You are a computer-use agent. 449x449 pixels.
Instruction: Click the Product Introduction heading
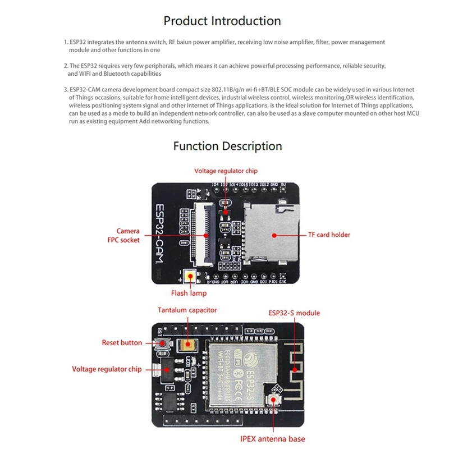click(x=222, y=21)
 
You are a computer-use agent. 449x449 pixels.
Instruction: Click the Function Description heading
click(x=227, y=146)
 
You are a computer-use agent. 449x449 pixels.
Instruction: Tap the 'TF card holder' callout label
click(x=329, y=235)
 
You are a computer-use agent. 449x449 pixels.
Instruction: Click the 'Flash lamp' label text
click(x=189, y=293)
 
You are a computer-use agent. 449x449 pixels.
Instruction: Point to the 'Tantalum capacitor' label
click(x=187, y=310)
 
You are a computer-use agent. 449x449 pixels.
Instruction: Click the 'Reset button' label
click(x=122, y=342)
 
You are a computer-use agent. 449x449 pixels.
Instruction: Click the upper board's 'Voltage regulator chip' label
click(x=226, y=171)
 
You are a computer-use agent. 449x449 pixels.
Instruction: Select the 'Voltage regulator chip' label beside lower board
click(x=107, y=369)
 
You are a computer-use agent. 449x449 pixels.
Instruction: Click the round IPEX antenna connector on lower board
click(x=274, y=400)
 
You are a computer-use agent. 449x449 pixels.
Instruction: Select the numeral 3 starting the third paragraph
click(x=66, y=89)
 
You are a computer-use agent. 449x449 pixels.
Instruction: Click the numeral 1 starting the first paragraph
click(x=66, y=42)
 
